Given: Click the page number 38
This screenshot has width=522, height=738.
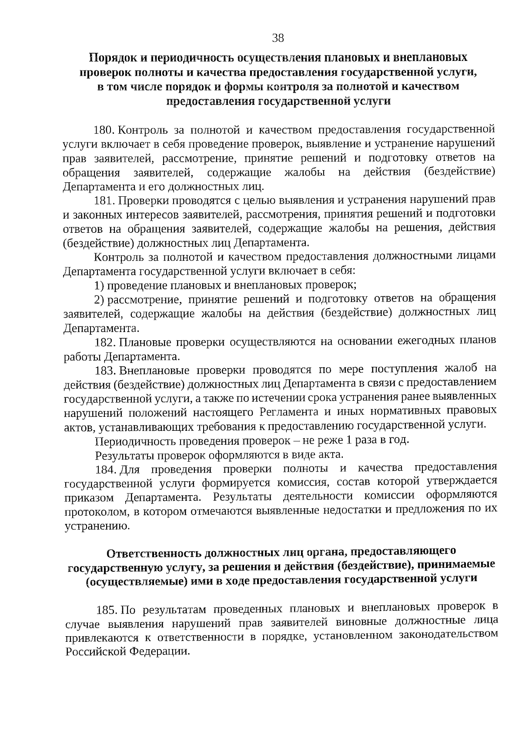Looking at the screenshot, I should (278, 38).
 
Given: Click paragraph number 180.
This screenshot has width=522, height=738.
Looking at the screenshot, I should (104, 130).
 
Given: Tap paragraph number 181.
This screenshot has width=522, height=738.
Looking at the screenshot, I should (104, 201).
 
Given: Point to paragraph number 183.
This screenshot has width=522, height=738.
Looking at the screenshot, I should (104, 371).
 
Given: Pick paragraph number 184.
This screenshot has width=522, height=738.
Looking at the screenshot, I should (105, 470).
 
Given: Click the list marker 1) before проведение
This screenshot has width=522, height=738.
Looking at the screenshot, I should (99, 286).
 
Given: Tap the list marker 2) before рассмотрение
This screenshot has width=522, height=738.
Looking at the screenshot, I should (99, 300).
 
